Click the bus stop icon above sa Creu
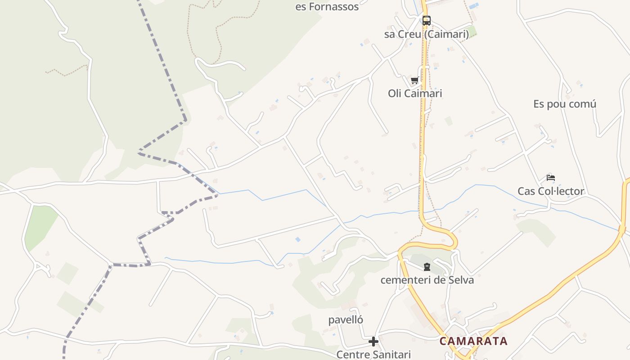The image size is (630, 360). pos(426,20)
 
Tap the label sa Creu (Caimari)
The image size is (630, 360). pos(426,34)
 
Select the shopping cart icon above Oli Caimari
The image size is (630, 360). pos(414,81)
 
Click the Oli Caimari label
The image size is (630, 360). pos(415,94)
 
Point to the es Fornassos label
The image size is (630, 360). pos(327,7)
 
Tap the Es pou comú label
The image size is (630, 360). pos(565,104)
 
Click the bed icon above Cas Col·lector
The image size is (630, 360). pos(551,178)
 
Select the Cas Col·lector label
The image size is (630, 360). pos(551,191)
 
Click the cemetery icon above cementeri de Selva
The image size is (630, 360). pos(427,267)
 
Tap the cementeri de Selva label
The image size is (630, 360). pos(427,280)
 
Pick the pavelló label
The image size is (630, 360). pos(346,320)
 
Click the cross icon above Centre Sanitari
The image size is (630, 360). pos(373,342)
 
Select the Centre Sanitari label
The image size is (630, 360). pos(373,355)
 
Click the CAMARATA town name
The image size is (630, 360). pos(473,341)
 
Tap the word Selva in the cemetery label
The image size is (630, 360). pos(461,280)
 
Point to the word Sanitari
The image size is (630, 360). pos(391,355)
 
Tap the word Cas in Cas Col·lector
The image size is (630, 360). pos(526,191)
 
